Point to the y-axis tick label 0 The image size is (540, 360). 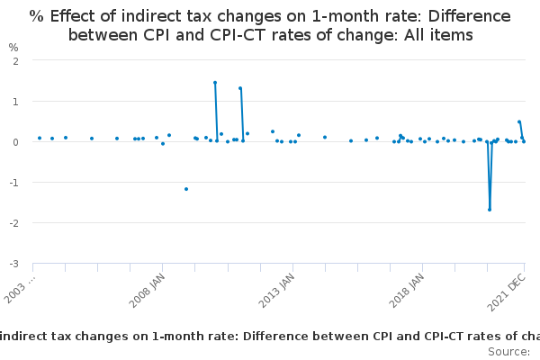tap(17, 142)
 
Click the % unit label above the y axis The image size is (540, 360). tap(13, 47)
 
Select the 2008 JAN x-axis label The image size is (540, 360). tap(147, 292)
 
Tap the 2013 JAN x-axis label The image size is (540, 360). tap(276, 292)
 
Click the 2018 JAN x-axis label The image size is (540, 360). tap(406, 292)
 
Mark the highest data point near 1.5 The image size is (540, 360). tap(215, 83)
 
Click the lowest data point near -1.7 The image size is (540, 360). tap(490, 210)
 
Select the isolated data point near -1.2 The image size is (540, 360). tap(186, 189)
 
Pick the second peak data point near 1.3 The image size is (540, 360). tap(240, 88)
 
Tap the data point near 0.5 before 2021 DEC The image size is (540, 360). tap(519, 122)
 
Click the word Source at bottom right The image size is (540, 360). tap(509, 351)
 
